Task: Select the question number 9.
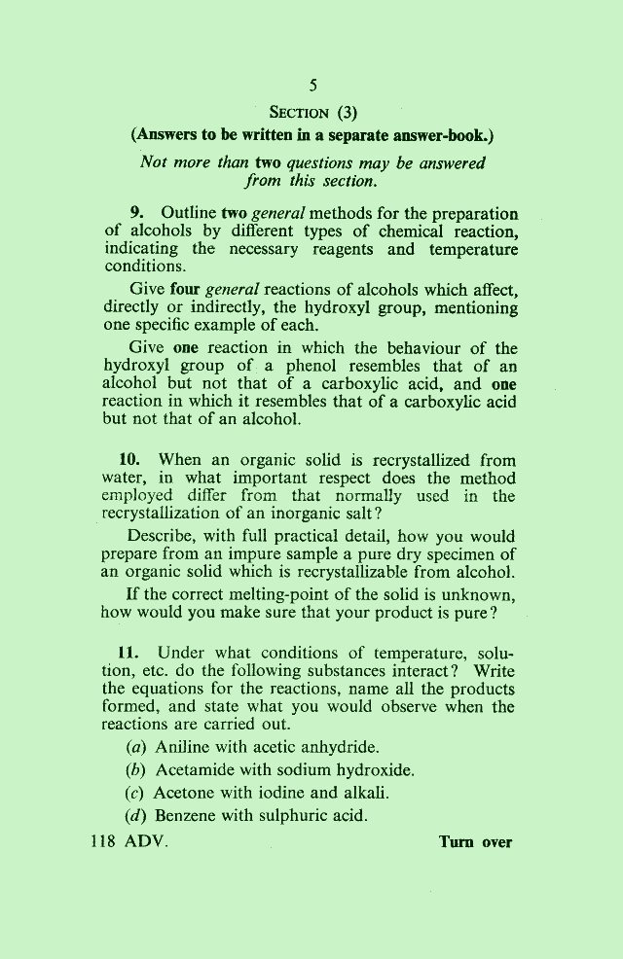137,213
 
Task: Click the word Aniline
182,748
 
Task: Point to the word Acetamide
197,771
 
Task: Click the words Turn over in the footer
475,842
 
